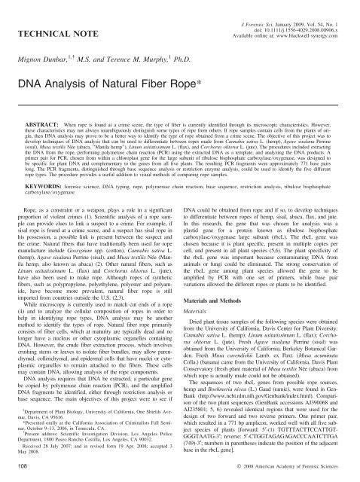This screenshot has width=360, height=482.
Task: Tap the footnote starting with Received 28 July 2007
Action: pyautogui.click(x=93, y=444)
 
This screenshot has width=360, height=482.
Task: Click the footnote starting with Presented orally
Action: pyautogui.click(x=93, y=418)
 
